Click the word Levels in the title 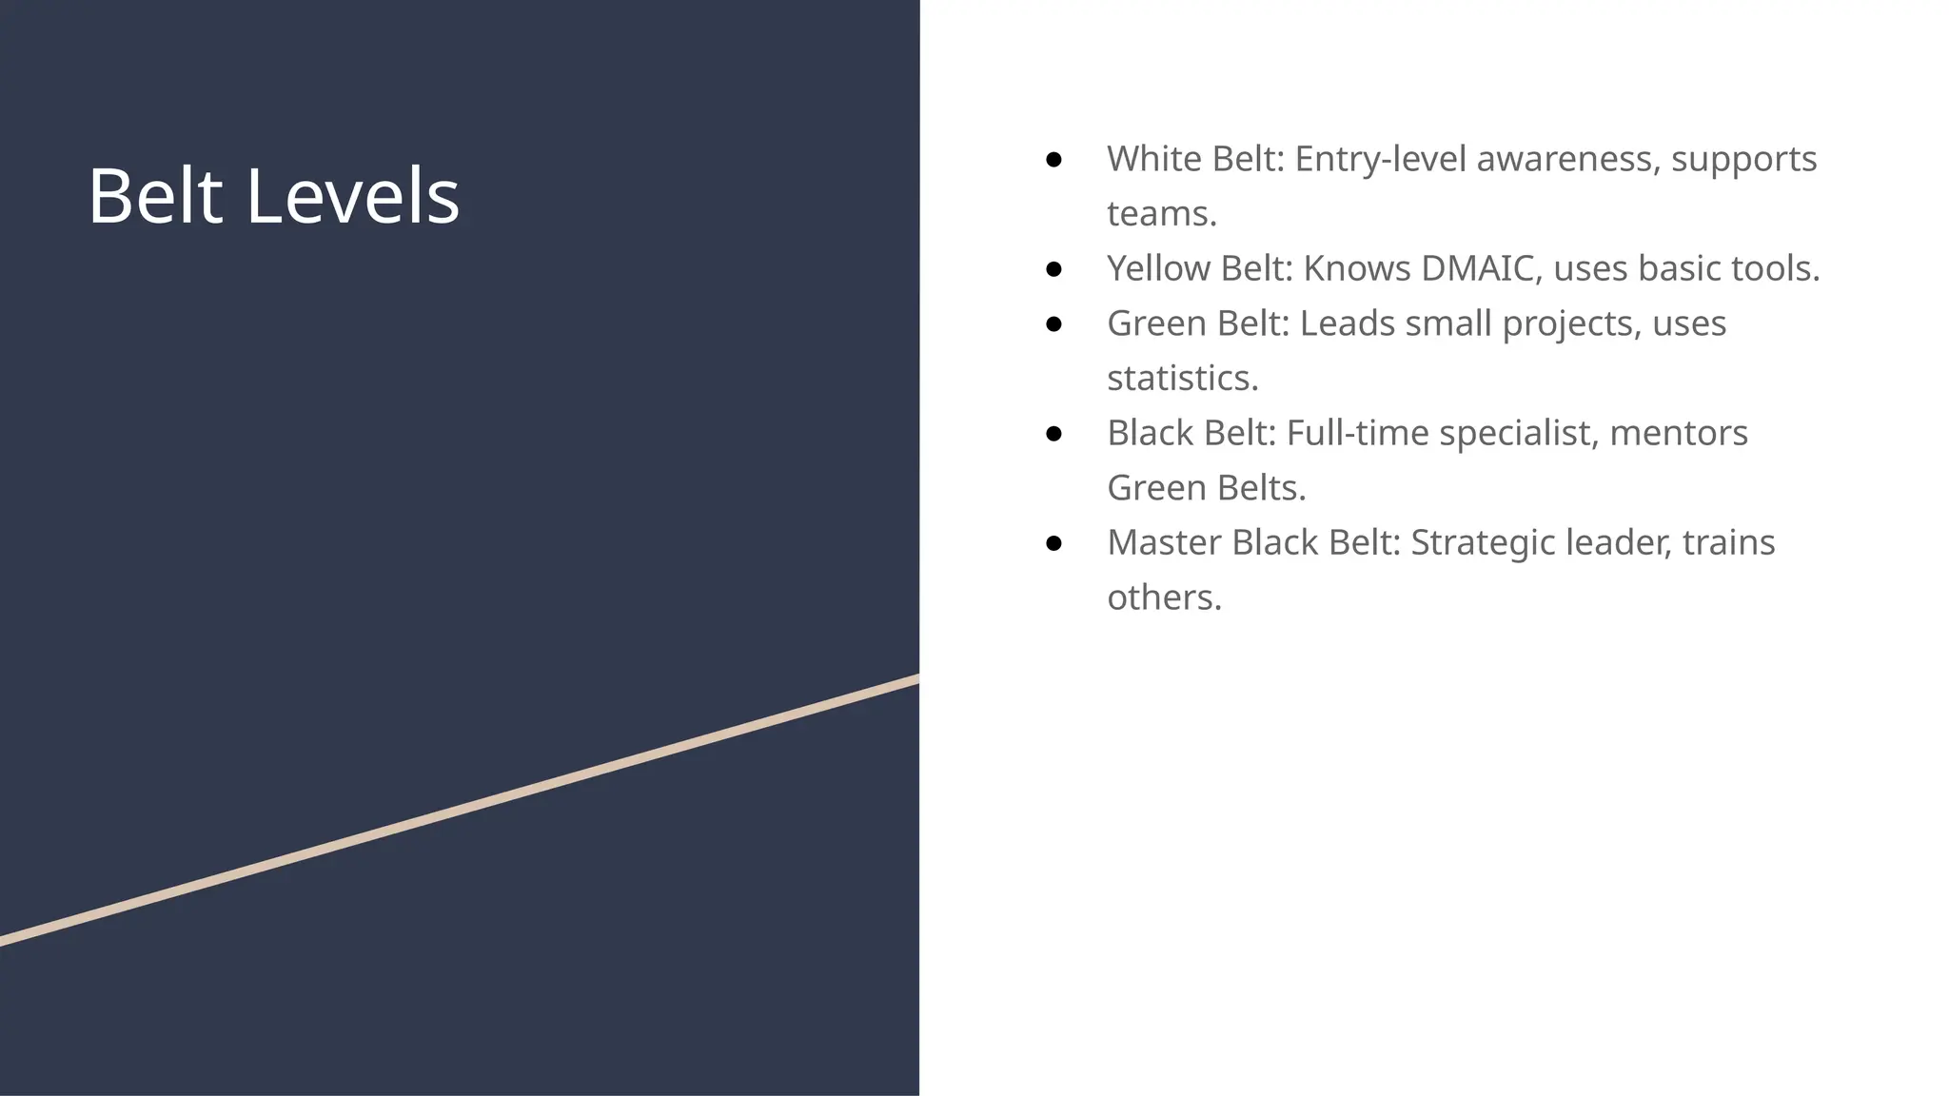tap(352, 196)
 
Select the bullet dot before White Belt tap(1053, 160)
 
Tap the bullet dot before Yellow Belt tap(1053, 269)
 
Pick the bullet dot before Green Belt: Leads tap(1053, 324)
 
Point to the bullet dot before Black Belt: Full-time tap(1053, 434)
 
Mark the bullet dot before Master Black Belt tap(1053, 543)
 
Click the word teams tap(1161, 214)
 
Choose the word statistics tap(1182, 379)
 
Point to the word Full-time tap(1357, 434)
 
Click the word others tap(1163, 598)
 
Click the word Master tap(1165, 543)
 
